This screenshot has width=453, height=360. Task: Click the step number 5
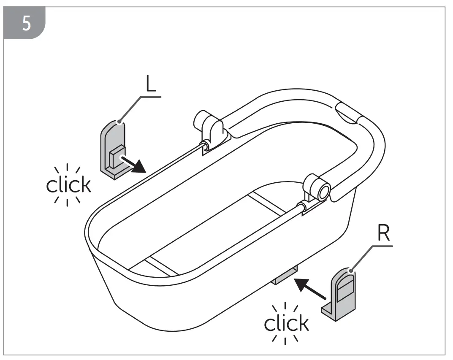pos(26,24)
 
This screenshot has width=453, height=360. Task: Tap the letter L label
pos(151,85)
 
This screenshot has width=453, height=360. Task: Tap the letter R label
pos(383,234)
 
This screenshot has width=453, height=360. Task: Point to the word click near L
pos(69,184)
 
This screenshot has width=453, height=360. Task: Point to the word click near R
pos(286,323)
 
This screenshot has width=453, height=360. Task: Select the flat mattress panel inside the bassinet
pos(211,228)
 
